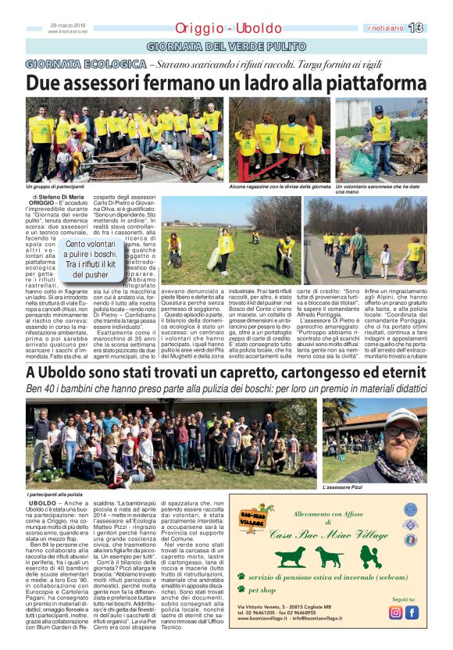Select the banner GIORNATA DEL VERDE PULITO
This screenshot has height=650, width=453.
coord(226,46)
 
